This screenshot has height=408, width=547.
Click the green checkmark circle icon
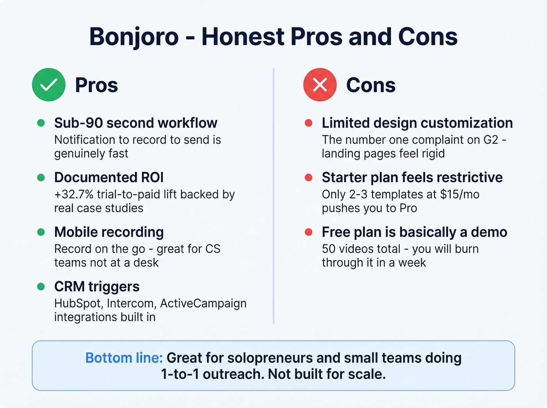pyautogui.click(x=48, y=85)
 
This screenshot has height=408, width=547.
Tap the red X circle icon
pyautogui.click(x=320, y=85)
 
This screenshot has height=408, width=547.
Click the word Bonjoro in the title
pyautogui.click(x=134, y=37)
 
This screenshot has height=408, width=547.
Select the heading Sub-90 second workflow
pyautogui.click(x=136, y=123)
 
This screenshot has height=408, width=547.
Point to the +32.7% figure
pyautogui.click(x=74, y=194)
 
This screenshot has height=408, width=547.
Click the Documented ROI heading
pyautogui.click(x=109, y=178)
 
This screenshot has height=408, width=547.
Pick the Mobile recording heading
pyautogui.click(x=109, y=232)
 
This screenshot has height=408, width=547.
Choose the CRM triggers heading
pyautogui.click(x=97, y=287)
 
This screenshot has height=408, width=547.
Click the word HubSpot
pyautogui.click(x=77, y=303)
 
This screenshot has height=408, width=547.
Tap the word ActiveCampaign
pyautogui.click(x=203, y=303)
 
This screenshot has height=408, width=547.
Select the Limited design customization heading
pyautogui.click(x=417, y=123)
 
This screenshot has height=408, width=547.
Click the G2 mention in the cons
pyautogui.click(x=491, y=140)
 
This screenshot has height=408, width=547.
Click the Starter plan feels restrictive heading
pyautogui.click(x=412, y=178)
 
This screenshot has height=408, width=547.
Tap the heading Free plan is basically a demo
pyautogui.click(x=414, y=232)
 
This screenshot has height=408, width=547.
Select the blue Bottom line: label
pyautogui.click(x=124, y=358)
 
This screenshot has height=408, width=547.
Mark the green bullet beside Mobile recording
pyautogui.click(x=41, y=232)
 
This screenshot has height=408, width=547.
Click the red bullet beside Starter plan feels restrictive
pyautogui.click(x=308, y=178)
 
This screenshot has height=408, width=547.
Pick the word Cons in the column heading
pyautogui.click(x=370, y=85)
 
